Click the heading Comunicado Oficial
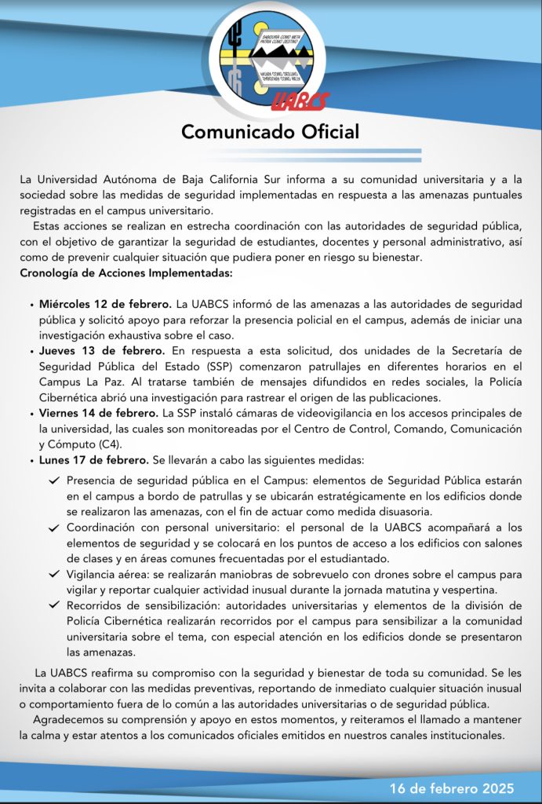[271, 131]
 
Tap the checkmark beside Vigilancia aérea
[53, 575]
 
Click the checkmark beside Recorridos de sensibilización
[53, 605]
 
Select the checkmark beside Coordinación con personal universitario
[53, 528]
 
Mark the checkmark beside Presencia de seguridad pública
[53, 481]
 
